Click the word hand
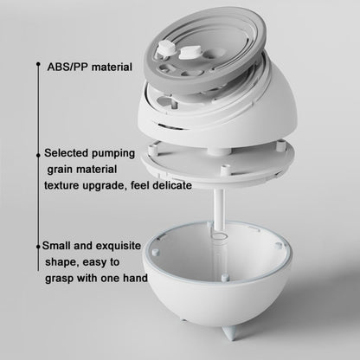coord(133,279)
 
